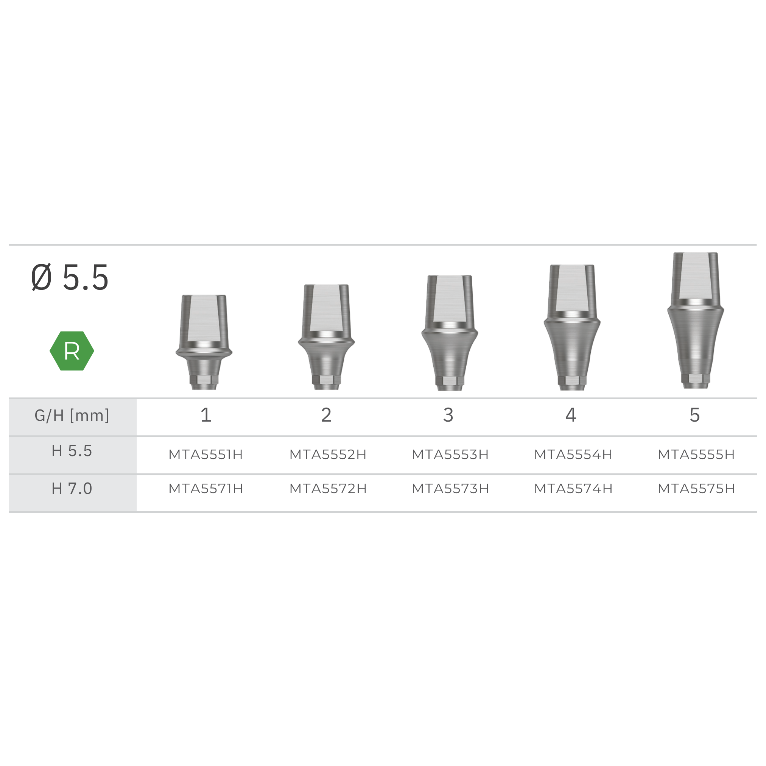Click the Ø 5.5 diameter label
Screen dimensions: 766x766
(x=70, y=277)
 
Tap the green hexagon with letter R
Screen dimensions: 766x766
(x=72, y=351)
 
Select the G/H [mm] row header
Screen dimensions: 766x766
(x=72, y=416)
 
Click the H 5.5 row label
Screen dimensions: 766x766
(x=72, y=451)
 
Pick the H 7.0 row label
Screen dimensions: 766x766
(x=72, y=489)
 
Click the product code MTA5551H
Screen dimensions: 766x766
(x=206, y=455)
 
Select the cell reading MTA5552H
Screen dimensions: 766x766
(x=328, y=455)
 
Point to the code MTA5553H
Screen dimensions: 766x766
(x=450, y=455)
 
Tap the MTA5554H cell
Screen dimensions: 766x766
(x=573, y=455)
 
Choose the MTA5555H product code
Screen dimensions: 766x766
(x=696, y=455)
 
